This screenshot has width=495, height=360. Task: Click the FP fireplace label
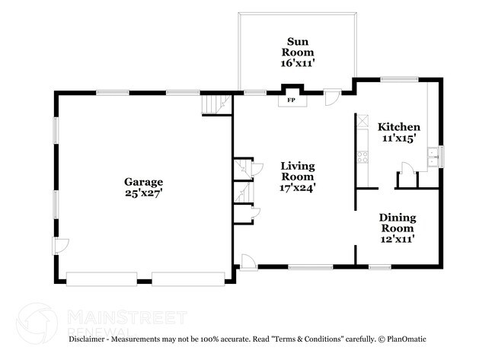[x=291, y=100]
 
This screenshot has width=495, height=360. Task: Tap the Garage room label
[x=144, y=182]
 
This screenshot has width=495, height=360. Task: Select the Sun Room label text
[x=297, y=46]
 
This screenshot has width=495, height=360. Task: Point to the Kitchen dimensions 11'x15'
[x=399, y=138]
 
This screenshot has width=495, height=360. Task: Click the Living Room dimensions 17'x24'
[x=298, y=188]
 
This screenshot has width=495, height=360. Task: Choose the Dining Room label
[x=398, y=223]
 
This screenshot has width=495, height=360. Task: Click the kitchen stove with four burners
[x=362, y=157]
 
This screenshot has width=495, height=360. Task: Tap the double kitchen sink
[x=433, y=157]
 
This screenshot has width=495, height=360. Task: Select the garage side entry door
[x=60, y=246]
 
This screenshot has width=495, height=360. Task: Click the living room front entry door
[x=248, y=262]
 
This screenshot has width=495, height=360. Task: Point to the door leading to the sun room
[x=333, y=97]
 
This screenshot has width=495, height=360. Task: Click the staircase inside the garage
[x=216, y=104]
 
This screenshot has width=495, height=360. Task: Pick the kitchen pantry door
[x=407, y=167]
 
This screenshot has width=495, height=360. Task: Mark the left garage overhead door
[x=101, y=279]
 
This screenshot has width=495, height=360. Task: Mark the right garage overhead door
[x=188, y=279]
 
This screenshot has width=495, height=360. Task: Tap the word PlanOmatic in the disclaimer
[x=407, y=339]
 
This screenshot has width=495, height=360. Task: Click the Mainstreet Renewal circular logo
[x=37, y=323]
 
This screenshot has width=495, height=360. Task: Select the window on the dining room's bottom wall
[x=380, y=267]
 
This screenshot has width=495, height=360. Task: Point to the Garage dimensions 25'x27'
[x=144, y=193]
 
